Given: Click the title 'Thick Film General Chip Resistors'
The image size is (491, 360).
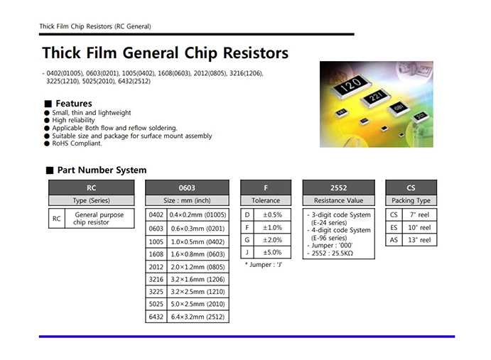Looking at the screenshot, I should (165, 53).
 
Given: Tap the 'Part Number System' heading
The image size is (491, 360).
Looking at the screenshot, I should (102, 170).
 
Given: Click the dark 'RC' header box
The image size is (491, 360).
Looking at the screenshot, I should (90, 187).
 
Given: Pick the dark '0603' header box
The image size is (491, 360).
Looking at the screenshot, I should (187, 187).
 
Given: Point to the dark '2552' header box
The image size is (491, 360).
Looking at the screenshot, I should (338, 187).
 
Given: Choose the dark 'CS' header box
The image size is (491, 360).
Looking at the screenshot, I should (411, 187).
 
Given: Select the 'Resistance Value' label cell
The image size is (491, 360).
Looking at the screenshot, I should (338, 201).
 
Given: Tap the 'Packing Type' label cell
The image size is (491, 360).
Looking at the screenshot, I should (411, 201).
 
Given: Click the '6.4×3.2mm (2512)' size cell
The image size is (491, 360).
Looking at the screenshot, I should (197, 317).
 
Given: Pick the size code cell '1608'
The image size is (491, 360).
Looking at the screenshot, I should (156, 253).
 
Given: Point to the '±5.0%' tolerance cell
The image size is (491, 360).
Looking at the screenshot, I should (273, 253).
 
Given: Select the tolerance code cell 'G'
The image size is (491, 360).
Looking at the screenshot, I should (247, 240).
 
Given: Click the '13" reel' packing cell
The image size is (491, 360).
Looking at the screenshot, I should (420, 240).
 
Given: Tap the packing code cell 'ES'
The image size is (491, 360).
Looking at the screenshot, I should (394, 227).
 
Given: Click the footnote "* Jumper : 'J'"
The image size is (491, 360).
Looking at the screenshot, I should (264, 264).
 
